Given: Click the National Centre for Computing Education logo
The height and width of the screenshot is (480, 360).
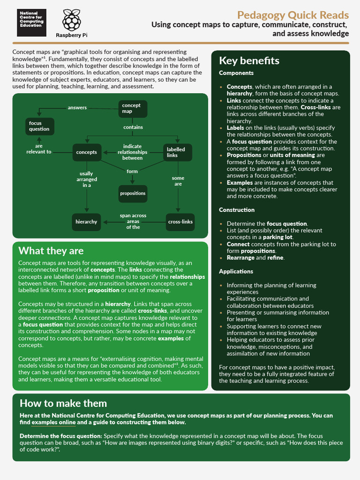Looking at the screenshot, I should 31,22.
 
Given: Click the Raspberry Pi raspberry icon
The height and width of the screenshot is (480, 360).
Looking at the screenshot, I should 71,20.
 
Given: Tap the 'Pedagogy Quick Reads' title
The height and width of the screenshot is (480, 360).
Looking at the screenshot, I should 292,15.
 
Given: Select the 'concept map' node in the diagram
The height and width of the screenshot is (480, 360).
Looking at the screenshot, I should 132,109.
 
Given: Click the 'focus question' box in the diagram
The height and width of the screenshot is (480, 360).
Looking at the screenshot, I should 39,126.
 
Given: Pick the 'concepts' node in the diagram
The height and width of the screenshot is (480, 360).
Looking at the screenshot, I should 87,152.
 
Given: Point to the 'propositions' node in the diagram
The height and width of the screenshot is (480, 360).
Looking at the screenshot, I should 133,193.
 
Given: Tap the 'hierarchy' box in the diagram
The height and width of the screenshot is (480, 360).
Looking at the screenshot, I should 87,222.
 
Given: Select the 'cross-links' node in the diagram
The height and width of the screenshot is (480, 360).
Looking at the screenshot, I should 180,222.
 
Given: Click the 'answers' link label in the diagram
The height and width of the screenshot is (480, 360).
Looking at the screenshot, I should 77,108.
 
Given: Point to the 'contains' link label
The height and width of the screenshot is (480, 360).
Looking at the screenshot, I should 133,127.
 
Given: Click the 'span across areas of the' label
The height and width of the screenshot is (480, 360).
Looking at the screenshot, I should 133,221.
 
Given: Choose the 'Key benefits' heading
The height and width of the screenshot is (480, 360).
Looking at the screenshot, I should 249,61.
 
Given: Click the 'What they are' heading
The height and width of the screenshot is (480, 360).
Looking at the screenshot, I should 51,251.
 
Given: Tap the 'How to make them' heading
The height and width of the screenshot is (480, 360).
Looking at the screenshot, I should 63,403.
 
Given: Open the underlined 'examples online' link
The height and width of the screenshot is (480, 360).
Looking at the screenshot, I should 53,422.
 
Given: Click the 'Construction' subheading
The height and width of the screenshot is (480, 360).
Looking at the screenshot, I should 237,210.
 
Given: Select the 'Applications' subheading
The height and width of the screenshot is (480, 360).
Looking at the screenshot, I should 236,271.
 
